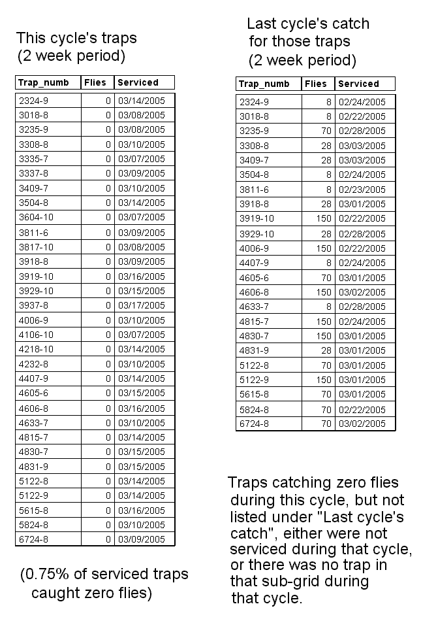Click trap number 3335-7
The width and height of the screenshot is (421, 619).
[x=32, y=159]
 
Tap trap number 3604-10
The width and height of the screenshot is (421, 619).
[x=35, y=217]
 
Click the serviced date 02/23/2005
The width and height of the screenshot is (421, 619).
[x=362, y=190]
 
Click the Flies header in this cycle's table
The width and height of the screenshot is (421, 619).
[x=97, y=82]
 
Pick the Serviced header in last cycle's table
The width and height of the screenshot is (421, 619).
[x=358, y=84]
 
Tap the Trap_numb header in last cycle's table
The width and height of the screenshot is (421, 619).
[x=264, y=84]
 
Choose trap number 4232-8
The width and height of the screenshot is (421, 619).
[x=32, y=363]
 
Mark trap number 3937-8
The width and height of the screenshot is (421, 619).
[x=32, y=305]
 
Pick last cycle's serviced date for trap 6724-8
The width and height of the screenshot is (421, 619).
[x=362, y=424]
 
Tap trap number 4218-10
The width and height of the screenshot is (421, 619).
[x=35, y=349]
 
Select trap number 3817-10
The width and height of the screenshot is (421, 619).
[x=35, y=246]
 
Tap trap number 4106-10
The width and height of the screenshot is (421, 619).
[x=35, y=334]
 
